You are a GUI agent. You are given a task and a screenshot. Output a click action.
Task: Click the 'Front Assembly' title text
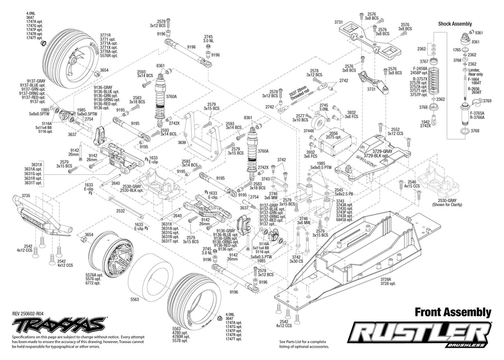(453, 312)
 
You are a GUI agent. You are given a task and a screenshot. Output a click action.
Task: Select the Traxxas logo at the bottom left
(60, 325)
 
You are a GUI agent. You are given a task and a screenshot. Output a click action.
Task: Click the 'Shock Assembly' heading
(455, 24)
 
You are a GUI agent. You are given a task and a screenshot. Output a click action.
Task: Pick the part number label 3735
(26, 195)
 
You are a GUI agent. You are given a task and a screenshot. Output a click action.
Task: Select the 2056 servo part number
(333, 133)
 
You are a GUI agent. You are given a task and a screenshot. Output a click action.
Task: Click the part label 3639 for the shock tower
(181, 142)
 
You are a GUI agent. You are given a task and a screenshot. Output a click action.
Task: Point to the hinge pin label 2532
(121, 211)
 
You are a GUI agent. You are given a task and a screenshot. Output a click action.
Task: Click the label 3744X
(309, 131)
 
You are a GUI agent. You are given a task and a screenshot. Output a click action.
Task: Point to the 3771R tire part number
(107, 35)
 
